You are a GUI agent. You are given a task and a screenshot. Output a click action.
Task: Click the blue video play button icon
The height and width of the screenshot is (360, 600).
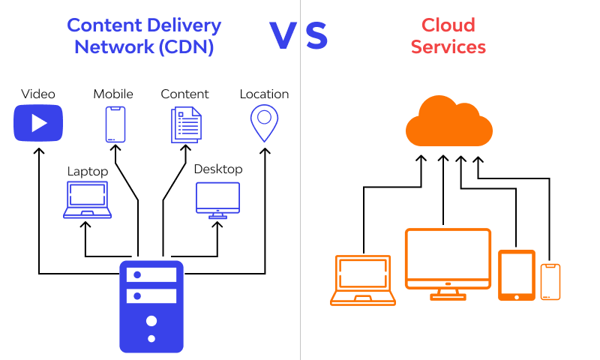(38, 123)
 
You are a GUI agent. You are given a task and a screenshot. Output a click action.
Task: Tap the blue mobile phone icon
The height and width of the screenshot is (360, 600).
(114, 124)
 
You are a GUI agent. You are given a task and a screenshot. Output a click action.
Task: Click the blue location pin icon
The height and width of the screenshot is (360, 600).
(264, 124)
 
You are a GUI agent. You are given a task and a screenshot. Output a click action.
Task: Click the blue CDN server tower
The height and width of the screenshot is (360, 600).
(151, 306)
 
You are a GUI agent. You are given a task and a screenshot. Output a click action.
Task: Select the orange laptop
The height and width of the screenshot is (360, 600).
(363, 280)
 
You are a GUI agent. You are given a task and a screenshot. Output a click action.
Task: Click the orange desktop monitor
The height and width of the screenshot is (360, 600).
(448, 263)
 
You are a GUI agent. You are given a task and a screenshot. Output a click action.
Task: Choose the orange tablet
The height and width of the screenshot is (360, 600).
(517, 275)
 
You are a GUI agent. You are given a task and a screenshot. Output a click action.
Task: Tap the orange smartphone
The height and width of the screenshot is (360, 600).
(550, 282)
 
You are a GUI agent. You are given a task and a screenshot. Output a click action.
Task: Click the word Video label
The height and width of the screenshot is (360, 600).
(38, 94)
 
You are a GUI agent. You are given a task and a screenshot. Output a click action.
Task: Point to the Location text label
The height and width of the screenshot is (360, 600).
(264, 94)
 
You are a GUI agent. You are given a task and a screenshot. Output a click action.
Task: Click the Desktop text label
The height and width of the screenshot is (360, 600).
(218, 169)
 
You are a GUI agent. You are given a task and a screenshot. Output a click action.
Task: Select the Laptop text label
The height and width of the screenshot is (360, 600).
(88, 172)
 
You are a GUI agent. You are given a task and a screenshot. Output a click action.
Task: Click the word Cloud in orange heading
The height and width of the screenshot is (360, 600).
(448, 25)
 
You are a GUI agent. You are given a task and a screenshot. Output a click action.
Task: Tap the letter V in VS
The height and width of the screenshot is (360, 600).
(283, 36)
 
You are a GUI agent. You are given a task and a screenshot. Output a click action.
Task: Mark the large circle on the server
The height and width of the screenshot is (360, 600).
(151, 321)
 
